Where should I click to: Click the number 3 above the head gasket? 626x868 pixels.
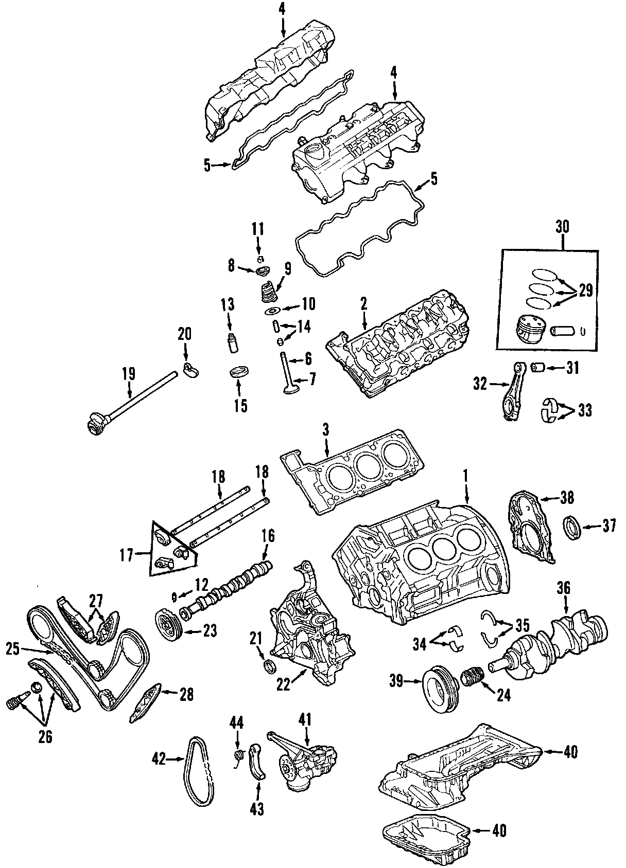pyautogui.click(x=325, y=430)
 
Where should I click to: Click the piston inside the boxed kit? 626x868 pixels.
pyautogui.click(x=530, y=330)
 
